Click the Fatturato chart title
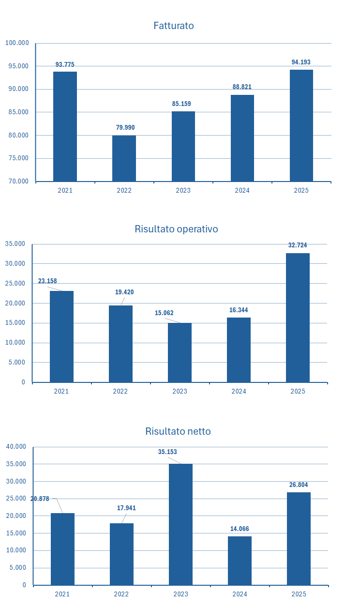tap(173, 26)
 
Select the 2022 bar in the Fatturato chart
tap(124, 158)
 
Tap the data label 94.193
tap(301, 62)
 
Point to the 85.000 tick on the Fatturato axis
tap(17, 112)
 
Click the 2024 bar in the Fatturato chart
tap(242, 138)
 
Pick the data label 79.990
tap(125, 128)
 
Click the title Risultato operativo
tap(176, 229)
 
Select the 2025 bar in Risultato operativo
tap(298, 318)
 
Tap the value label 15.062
tap(163, 313)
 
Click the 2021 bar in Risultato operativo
tap(61, 336)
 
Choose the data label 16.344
tap(239, 310)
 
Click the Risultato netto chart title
tap(178, 431)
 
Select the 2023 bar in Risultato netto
tap(180, 524)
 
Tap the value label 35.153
tap(167, 452)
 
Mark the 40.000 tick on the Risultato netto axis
tap(16, 447)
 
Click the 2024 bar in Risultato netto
tap(240, 561)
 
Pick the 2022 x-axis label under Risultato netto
tap(121, 594)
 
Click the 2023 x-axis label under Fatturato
tap(183, 190)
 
